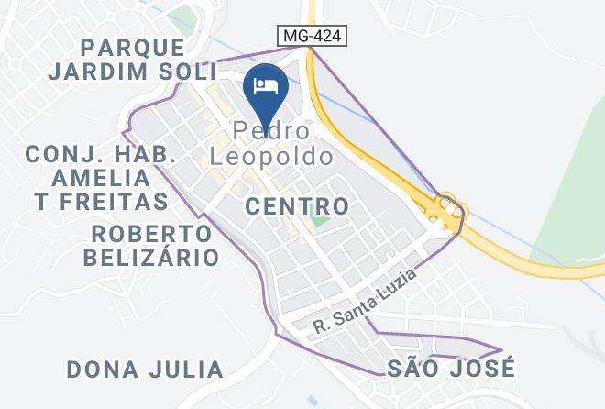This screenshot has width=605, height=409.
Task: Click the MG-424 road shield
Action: (x=313, y=35)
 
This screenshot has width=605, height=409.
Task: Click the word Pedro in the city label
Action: (x=270, y=132)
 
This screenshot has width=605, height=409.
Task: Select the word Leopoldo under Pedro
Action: (x=270, y=157)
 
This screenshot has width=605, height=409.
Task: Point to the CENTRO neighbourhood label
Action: (x=298, y=206)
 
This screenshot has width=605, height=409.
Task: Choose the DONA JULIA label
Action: (x=145, y=370)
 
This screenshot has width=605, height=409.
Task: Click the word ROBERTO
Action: (x=152, y=233)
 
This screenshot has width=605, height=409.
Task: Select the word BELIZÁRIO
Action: (x=151, y=257)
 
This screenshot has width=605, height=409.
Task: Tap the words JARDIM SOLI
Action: (x=134, y=71)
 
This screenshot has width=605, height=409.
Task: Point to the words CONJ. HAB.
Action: (x=101, y=153)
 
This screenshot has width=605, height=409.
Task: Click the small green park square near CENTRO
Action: (x=318, y=218)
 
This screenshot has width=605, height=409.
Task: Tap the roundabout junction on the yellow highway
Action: (x=446, y=212)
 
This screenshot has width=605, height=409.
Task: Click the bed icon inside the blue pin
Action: (x=266, y=86)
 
